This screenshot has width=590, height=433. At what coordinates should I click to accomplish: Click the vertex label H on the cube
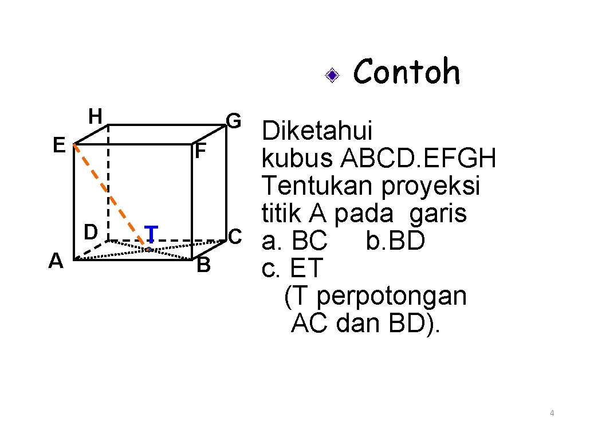click(x=95, y=117)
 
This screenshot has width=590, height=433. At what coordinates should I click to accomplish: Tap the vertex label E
click(x=58, y=145)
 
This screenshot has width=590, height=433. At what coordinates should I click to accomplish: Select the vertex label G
click(x=234, y=121)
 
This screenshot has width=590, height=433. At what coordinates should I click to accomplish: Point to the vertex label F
click(x=200, y=152)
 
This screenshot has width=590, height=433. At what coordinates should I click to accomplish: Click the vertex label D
click(x=90, y=232)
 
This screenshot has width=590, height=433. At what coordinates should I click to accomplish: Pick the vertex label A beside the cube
click(x=56, y=261)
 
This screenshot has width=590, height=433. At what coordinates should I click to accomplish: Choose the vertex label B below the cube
click(x=203, y=266)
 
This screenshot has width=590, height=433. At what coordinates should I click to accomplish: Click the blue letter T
click(x=151, y=234)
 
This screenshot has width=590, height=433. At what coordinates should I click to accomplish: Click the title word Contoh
click(x=407, y=73)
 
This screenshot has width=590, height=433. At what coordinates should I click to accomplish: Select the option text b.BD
click(x=395, y=241)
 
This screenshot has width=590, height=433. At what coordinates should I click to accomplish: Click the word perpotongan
click(x=391, y=296)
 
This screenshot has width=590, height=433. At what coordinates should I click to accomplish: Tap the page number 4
click(x=552, y=413)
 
